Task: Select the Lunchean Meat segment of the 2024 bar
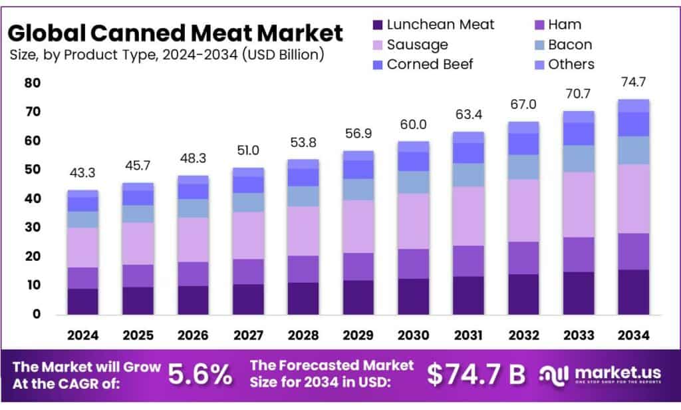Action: pyautogui.click(x=82, y=301)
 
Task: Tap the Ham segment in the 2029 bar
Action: pyautogui.click(x=358, y=266)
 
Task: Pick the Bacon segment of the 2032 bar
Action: pyautogui.click(x=523, y=166)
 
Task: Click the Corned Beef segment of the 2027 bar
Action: pyautogui.click(x=248, y=184)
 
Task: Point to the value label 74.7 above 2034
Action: pyautogui.click(x=633, y=83)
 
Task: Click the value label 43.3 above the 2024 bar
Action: pyautogui.click(x=82, y=173)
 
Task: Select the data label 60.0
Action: pyautogui.click(x=413, y=124)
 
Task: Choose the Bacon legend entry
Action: pyautogui.click(x=570, y=45)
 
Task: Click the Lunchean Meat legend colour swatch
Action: pyautogui.click(x=377, y=25)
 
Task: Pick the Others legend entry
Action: pyautogui.click(x=571, y=65)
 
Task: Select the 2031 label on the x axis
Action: pyautogui.click(x=468, y=335)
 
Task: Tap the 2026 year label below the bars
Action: pyautogui.click(x=193, y=335)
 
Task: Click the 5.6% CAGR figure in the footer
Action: pyautogui.click(x=200, y=375)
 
